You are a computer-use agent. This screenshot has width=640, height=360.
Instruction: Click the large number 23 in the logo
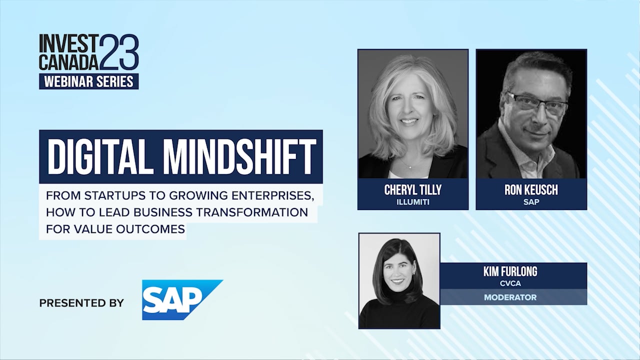[x=119, y=51]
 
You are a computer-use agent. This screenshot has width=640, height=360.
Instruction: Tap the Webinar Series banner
[x=89, y=81]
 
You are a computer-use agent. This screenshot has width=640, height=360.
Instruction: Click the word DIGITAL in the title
[x=98, y=157]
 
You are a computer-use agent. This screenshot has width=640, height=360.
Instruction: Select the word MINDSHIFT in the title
[x=239, y=157]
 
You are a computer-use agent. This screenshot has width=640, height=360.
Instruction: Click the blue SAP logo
[x=182, y=299]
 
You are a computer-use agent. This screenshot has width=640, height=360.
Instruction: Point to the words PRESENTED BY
[x=81, y=303]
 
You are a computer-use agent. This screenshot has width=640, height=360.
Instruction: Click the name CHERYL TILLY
[x=413, y=190]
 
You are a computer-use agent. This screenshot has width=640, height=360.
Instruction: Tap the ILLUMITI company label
[x=413, y=202]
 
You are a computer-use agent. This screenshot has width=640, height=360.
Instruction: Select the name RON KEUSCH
[x=531, y=190]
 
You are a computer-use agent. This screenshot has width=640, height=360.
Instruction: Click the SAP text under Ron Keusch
[x=531, y=202]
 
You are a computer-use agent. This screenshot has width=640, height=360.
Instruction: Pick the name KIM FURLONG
[x=510, y=271]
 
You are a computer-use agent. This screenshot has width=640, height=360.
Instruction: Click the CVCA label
[x=510, y=283]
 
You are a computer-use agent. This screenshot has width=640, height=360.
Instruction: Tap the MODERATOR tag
[x=510, y=297]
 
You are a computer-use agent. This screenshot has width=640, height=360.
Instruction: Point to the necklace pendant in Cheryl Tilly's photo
[x=410, y=167]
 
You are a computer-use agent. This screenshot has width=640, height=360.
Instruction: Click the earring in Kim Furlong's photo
[x=414, y=273]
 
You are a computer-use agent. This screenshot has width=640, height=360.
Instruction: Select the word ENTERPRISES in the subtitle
[x=273, y=195]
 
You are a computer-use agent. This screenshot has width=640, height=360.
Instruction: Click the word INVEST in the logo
[x=69, y=43]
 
